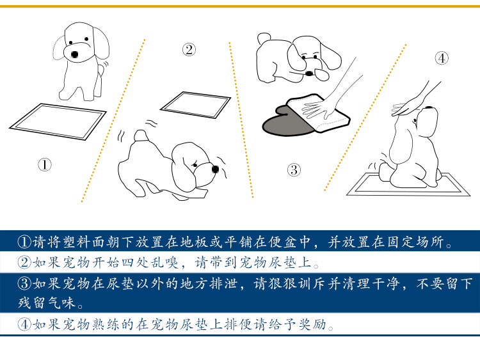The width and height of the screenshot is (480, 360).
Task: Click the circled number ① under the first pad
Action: [x=44, y=164]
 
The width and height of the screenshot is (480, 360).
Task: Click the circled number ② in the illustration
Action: [x=189, y=49]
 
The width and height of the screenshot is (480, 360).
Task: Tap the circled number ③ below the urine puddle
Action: [x=294, y=169]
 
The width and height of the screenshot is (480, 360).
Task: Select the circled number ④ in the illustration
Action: [x=442, y=58]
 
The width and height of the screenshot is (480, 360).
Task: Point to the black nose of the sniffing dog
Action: [x=215, y=169]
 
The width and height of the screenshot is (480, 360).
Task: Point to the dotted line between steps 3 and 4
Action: [x=365, y=118]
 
